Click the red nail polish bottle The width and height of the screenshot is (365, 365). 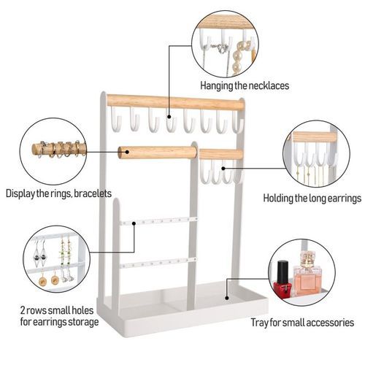tap(283, 278)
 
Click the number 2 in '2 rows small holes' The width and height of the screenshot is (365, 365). tap(23, 310)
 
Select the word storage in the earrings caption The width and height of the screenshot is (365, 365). tap(83, 322)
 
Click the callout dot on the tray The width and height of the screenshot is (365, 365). tap(227, 298)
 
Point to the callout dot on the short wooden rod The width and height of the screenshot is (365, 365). tap(127, 152)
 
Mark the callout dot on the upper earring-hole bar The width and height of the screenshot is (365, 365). tap(134, 223)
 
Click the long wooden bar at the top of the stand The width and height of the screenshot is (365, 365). tap(175, 102)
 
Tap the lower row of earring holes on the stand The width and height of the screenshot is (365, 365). tap(158, 263)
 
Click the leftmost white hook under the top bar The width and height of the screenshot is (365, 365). tap(115, 118)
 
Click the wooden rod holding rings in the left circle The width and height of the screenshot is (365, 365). tap(59, 149)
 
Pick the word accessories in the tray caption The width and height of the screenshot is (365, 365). tap(330, 323)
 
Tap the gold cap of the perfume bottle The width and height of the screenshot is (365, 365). tap(307, 258)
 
